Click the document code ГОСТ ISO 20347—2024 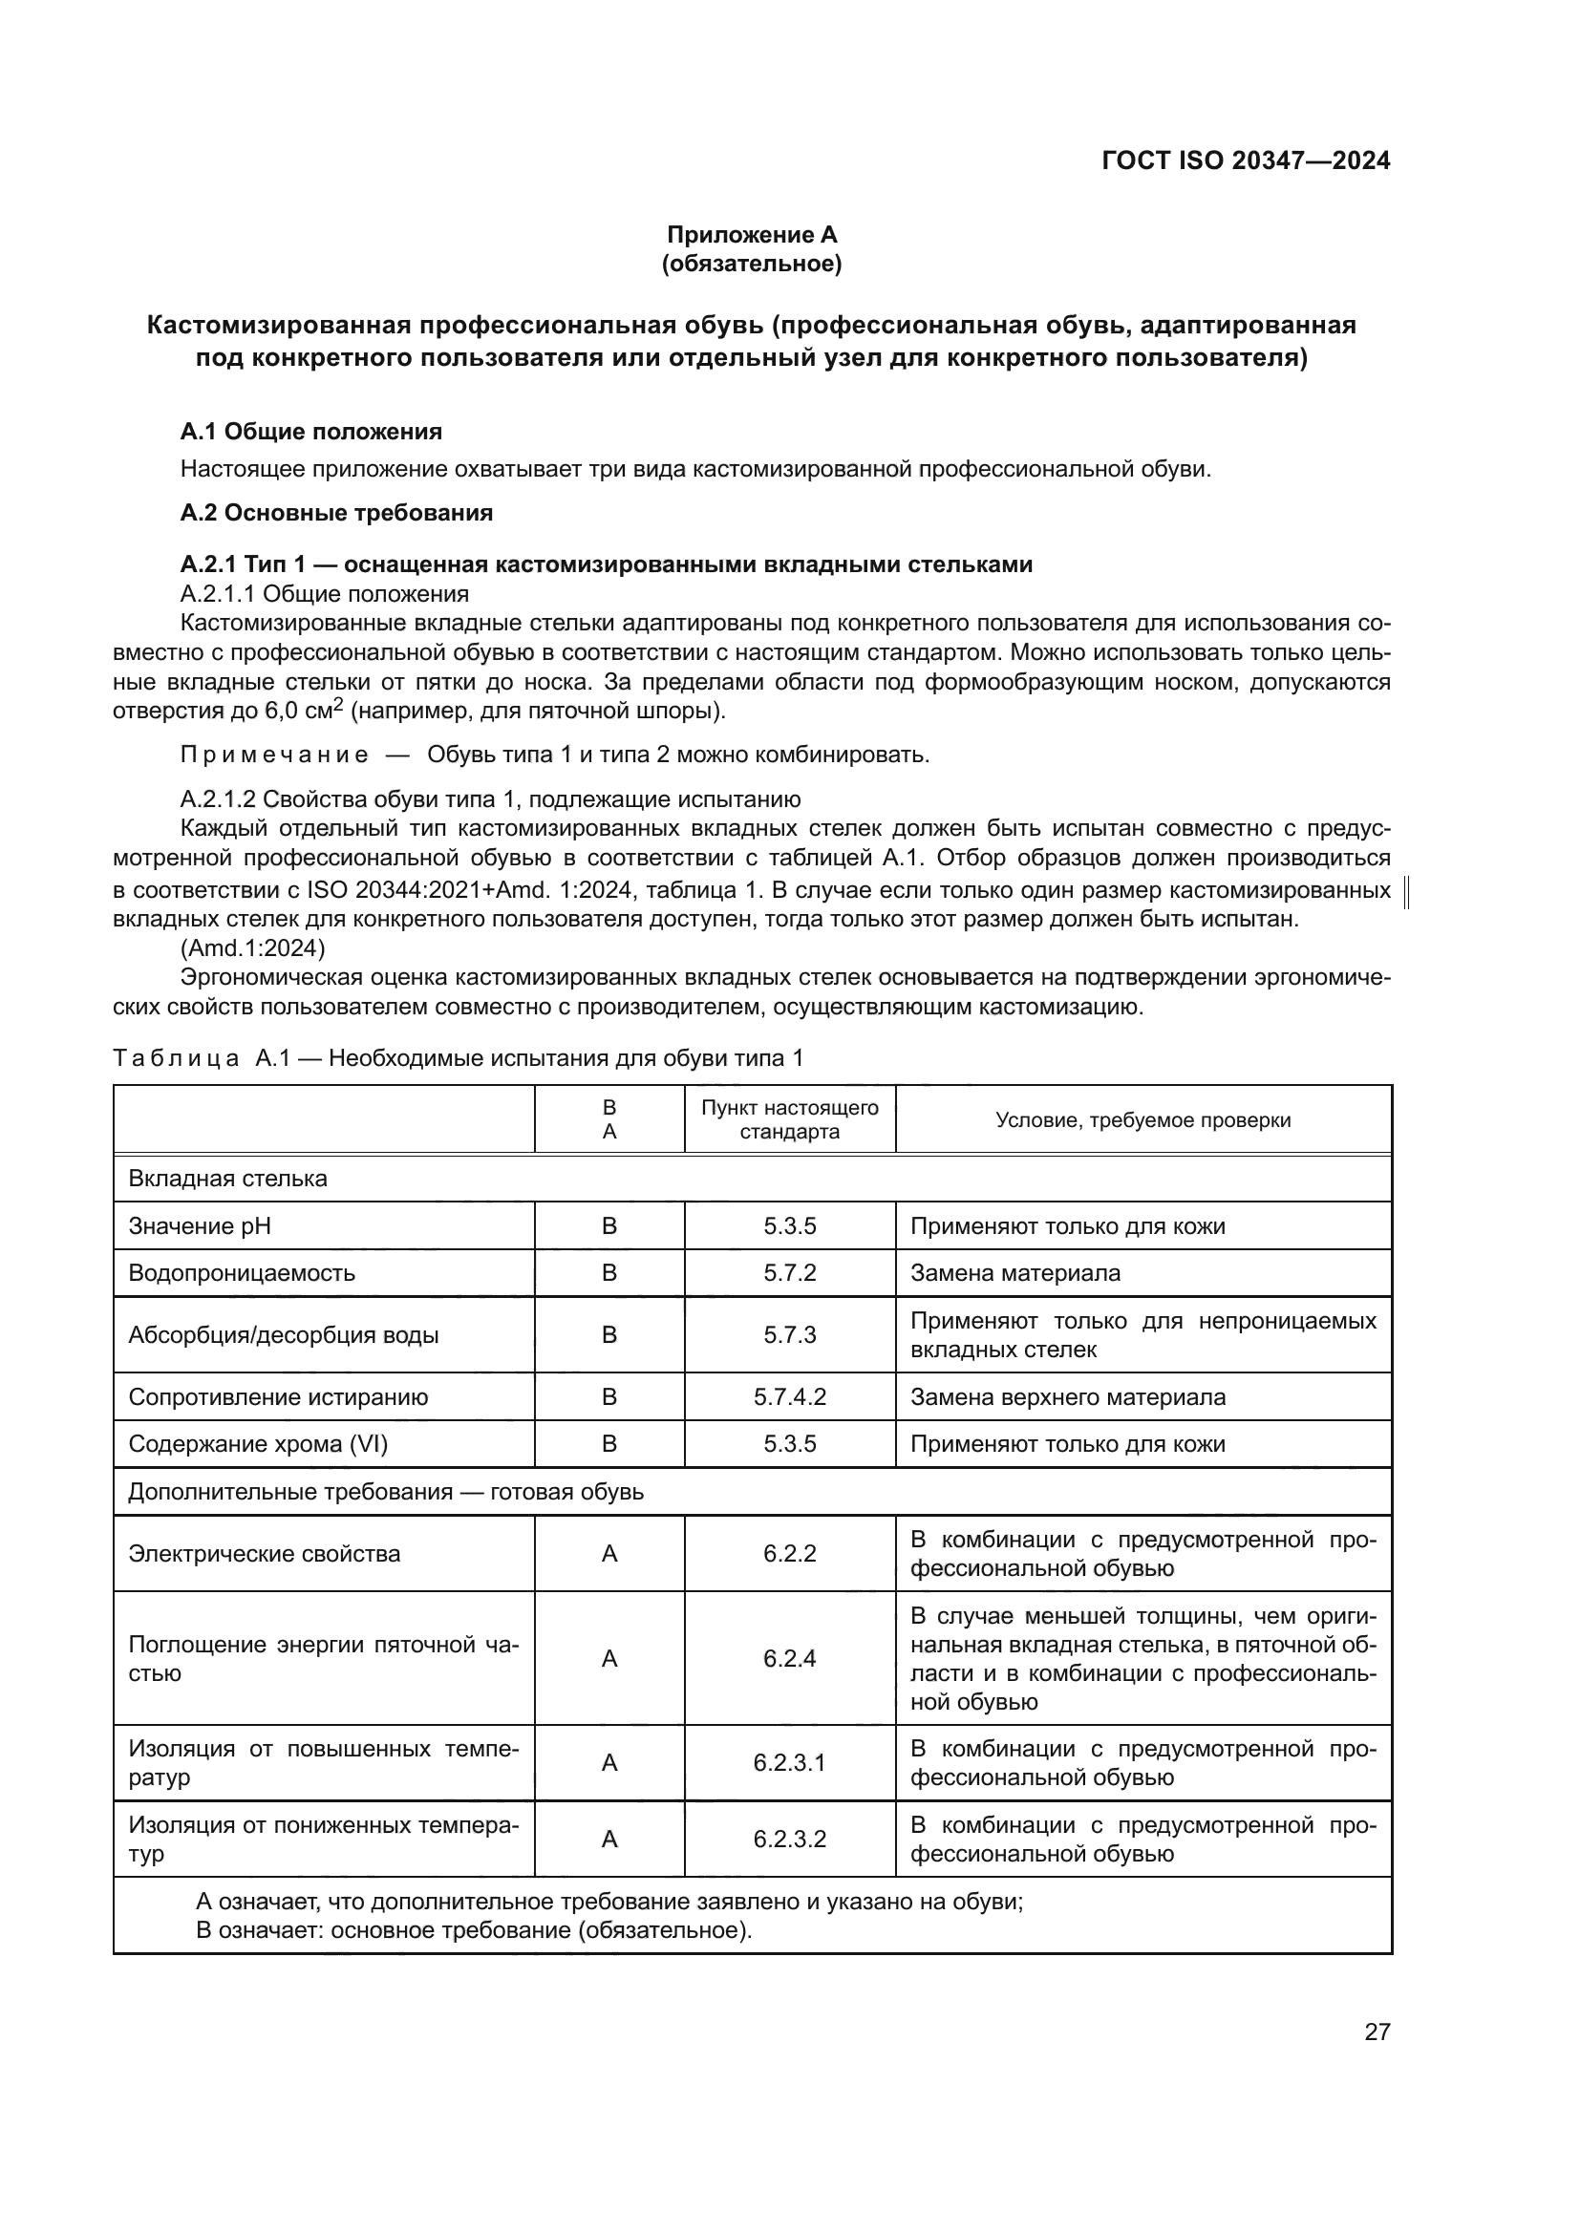pyautogui.click(x=1246, y=160)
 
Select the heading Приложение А pyautogui.click(x=751, y=235)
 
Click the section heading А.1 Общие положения pyautogui.click(x=311, y=431)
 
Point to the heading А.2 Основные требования pyautogui.click(x=336, y=513)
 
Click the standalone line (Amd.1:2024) pyautogui.click(x=253, y=947)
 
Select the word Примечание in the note pyautogui.click(x=274, y=755)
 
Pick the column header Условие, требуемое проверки pyautogui.click(x=1143, y=1120)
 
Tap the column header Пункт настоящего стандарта pyautogui.click(x=790, y=1120)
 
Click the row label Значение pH pyautogui.click(x=200, y=1226)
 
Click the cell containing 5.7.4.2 pyautogui.click(x=790, y=1397)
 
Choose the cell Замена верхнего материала pyautogui.click(x=1067, y=1397)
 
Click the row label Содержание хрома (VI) pyautogui.click(x=258, y=1444)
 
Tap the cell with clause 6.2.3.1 pyautogui.click(x=790, y=1763)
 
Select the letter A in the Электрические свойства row pyautogui.click(x=610, y=1554)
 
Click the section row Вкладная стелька pyautogui.click(x=227, y=1179)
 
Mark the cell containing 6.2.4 pyautogui.click(x=790, y=1658)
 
